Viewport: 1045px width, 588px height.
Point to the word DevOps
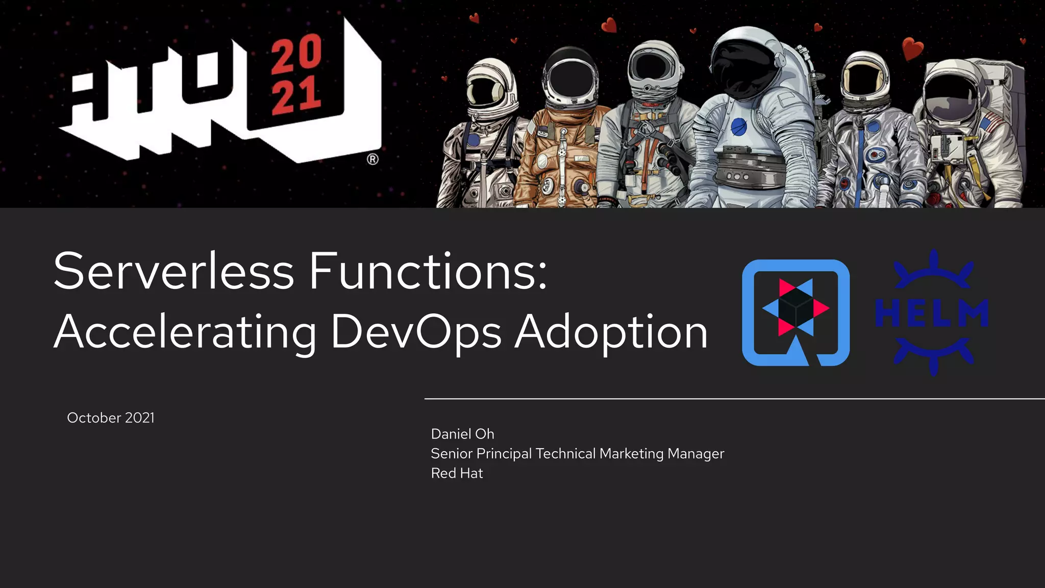[x=416, y=333]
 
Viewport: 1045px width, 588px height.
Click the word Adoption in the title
[x=611, y=333]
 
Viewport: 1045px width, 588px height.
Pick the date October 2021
[x=111, y=418]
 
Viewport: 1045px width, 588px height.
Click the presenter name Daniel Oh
[x=462, y=434]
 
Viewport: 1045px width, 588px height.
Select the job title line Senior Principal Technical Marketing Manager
[x=577, y=453]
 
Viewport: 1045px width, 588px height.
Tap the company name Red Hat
[x=457, y=473]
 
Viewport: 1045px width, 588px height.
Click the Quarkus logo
[x=795, y=312]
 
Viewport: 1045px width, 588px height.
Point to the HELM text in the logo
[x=932, y=313]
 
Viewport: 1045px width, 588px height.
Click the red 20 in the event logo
[x=296, y=54]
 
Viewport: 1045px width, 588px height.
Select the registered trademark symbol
[x=373, y=159]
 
